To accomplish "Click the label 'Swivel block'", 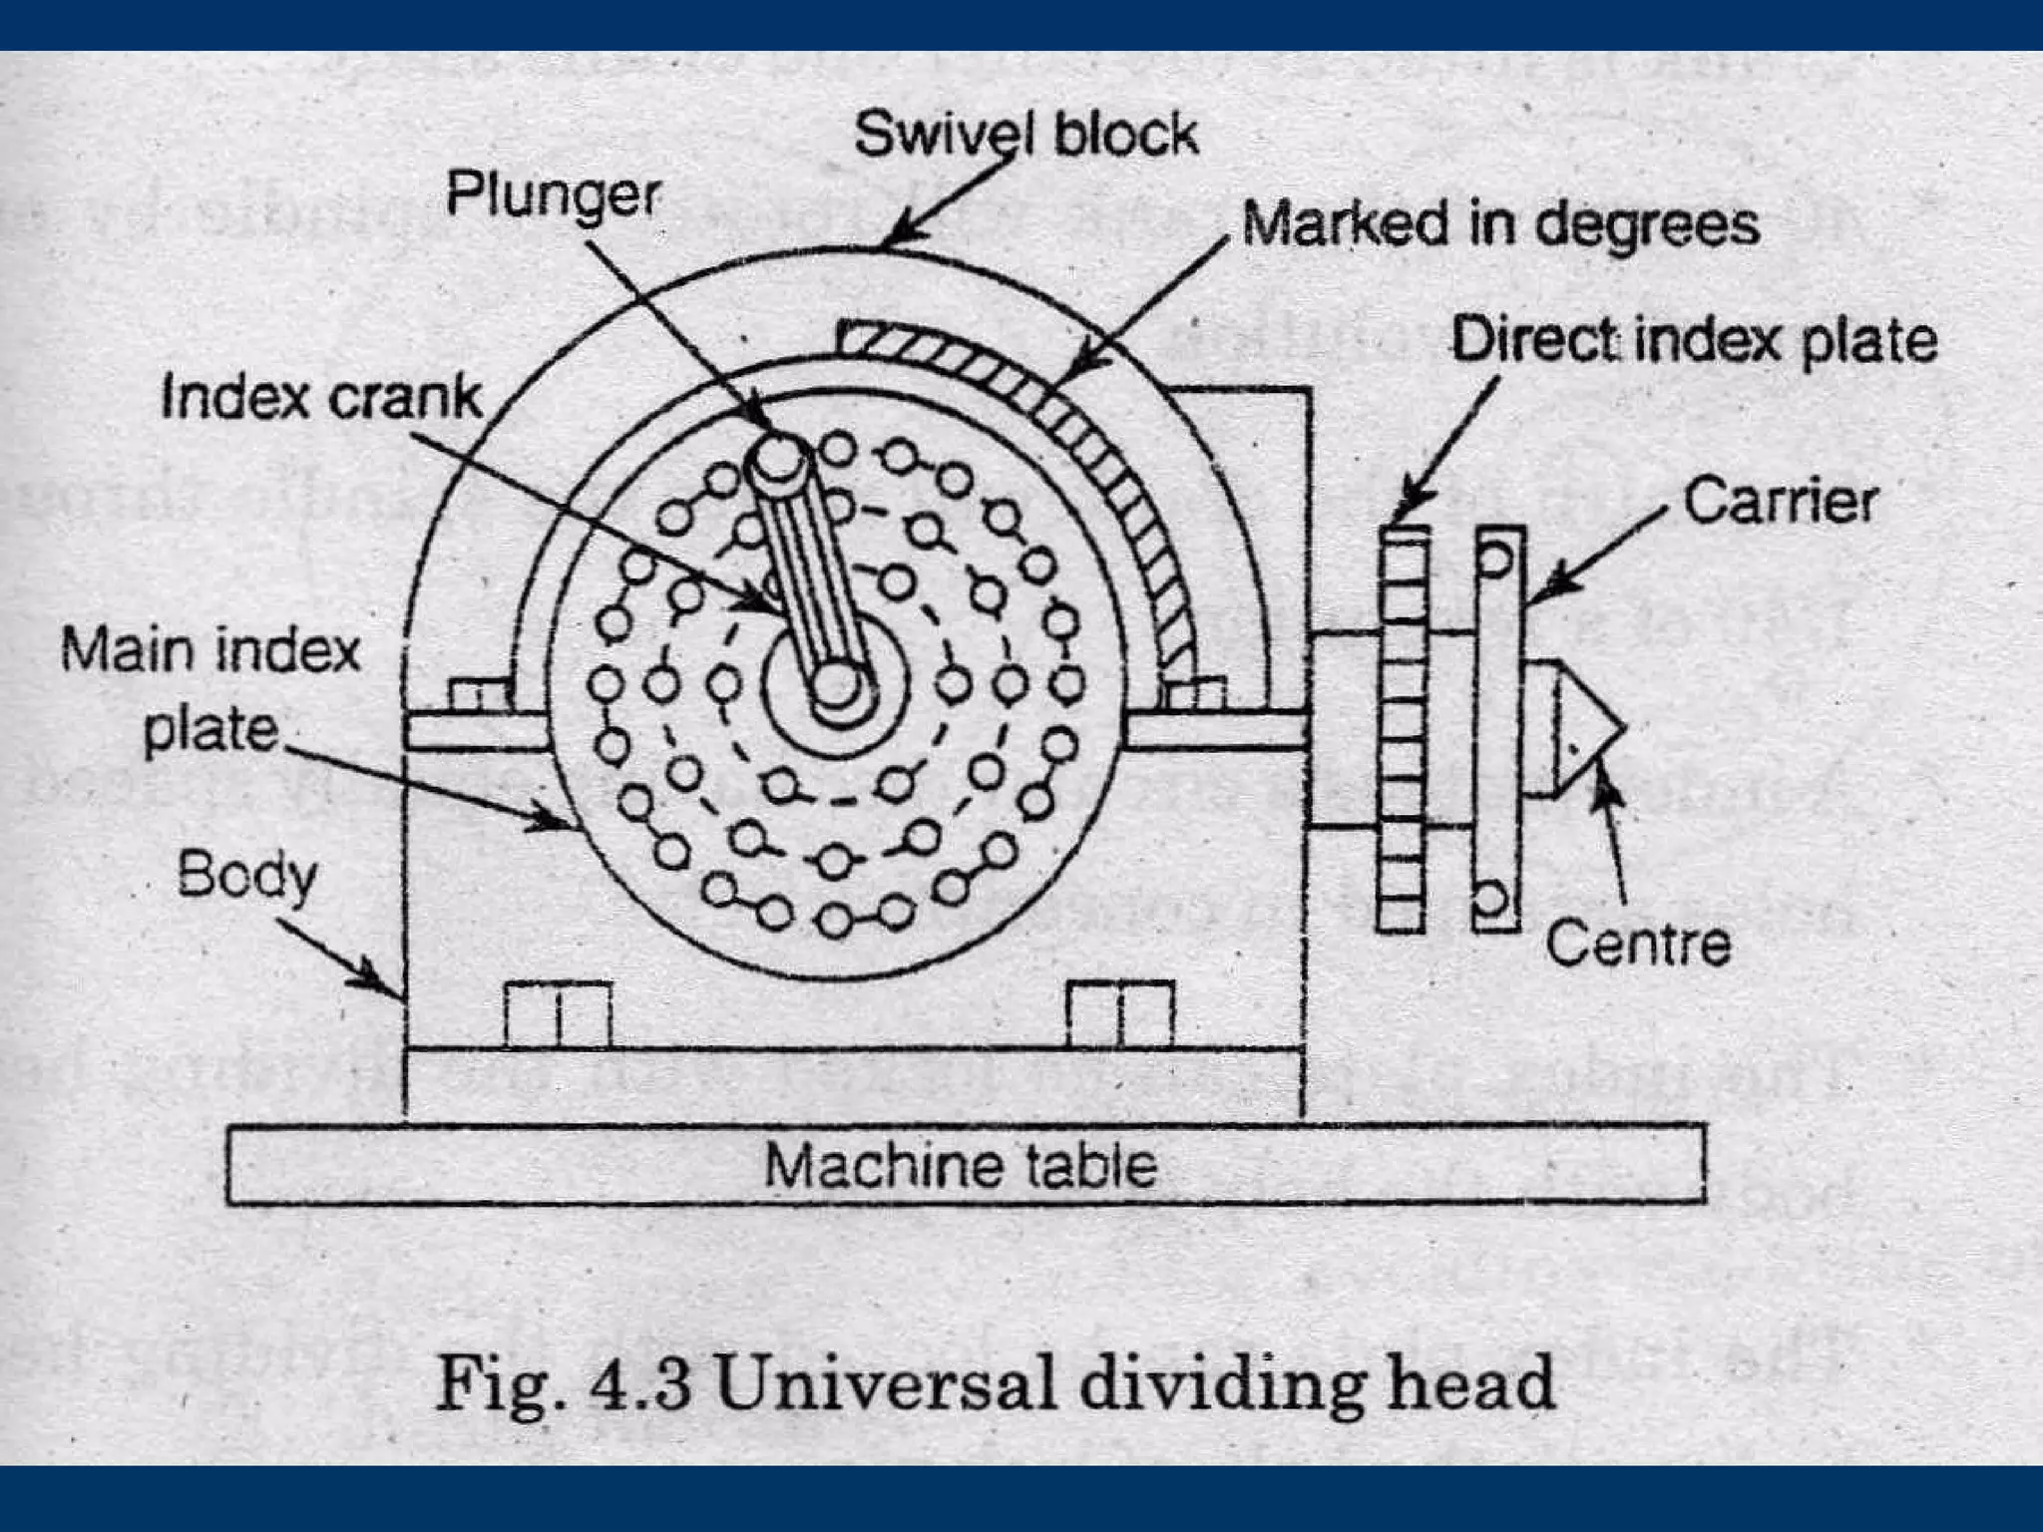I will (x=1025, y=135).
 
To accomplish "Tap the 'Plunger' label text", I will (x=552, y=194).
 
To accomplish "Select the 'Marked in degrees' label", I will (x=1499, y=224).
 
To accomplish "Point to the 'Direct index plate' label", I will (x=1693, y=340).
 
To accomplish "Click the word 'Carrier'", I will (x=1781, y=501).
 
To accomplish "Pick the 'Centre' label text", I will (x=1638, y=944).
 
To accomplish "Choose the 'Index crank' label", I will (x=321, y=397).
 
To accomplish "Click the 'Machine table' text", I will (x=960, y=1165).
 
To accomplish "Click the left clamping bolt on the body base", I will (x=558, y=1014).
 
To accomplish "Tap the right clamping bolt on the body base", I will (x=1120, y=1014).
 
